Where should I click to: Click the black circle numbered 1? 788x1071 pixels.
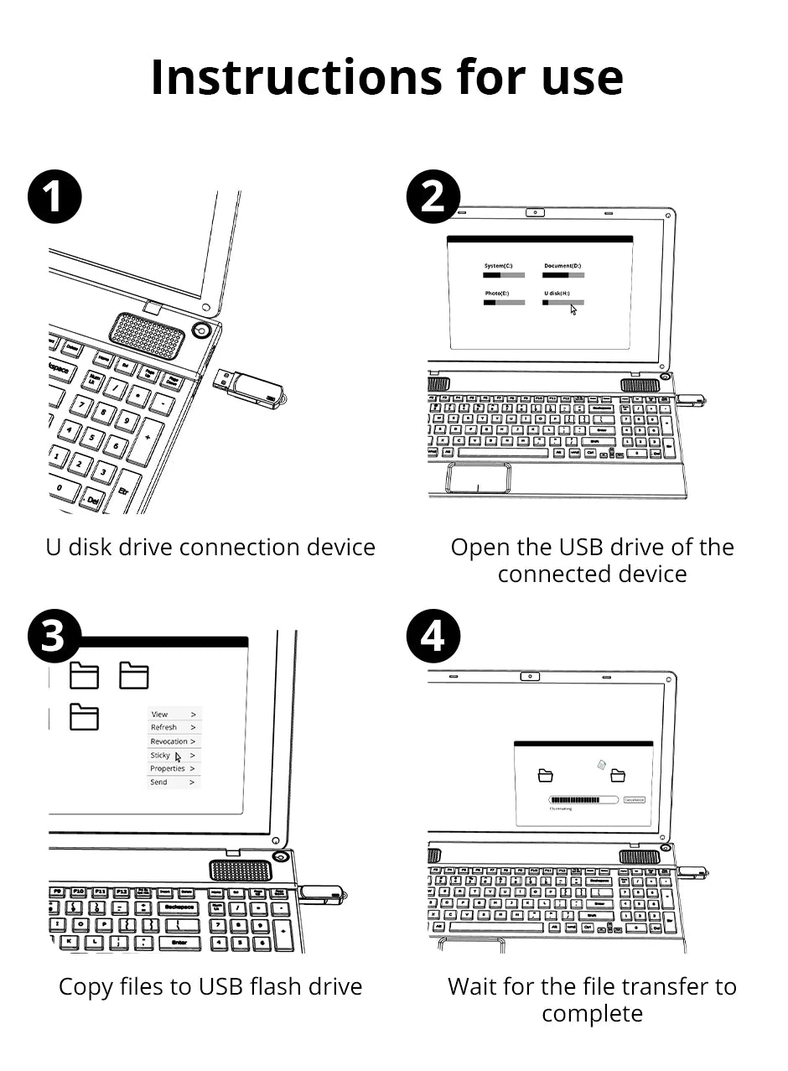[x=54, y=198]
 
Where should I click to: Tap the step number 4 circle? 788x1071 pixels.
[x=433, y=637]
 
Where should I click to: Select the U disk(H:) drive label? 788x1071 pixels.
[x=557, y=294]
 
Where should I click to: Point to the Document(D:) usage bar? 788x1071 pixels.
[x=563, y=274]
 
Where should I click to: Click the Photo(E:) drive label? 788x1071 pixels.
[x=496, y=294]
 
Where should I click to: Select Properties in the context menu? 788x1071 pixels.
[x=168, y=768]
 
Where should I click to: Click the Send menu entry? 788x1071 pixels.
[x=159, y=782]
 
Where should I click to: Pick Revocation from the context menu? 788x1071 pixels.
[x=169, y=741]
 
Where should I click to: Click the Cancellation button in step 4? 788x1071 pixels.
[x=635, y=800]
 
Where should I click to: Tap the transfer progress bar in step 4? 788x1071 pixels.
[x=583, y=800]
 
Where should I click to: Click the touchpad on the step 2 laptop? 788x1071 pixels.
[x=478, y=477]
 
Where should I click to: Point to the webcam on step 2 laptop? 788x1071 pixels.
[x=536, y=212]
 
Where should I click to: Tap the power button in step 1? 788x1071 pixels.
[x=201, y=330]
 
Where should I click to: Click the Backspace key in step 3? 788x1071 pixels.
[x=179, y=907]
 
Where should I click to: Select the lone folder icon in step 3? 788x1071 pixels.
[x=84, y=717]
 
